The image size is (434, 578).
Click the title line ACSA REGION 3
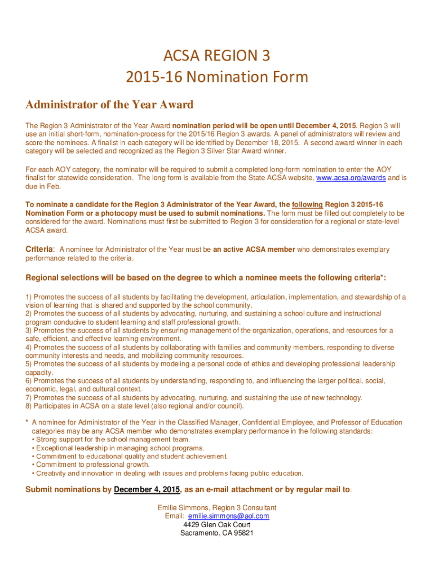point(217,56)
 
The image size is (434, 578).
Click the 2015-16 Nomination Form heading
point(217,76)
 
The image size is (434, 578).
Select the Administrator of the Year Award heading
point(109,105)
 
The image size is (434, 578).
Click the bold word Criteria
point(39,249)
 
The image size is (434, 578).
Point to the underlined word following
point(308,205)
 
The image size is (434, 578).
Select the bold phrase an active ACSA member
point(254,249)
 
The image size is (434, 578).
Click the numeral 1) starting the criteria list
point(29,297)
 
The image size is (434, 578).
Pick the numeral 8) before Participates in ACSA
point(29,406)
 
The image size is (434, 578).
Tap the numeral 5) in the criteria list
point(29,364)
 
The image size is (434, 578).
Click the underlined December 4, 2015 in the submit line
point(147,490)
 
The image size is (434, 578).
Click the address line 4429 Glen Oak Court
point(217,524)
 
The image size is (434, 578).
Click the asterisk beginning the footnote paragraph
point(27,423)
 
